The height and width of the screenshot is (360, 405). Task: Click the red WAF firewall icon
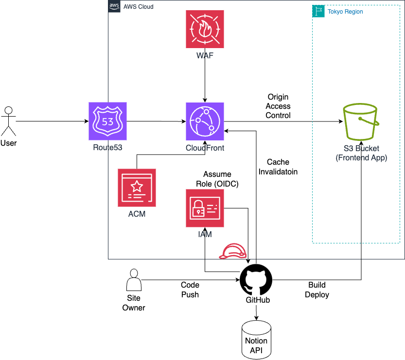205,29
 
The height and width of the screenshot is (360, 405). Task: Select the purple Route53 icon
107,121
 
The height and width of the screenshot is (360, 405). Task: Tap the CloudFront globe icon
205,121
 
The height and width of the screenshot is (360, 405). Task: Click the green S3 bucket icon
361,121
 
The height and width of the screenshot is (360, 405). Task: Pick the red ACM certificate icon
137,188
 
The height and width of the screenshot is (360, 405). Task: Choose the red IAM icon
205,208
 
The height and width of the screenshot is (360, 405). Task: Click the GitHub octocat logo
256,280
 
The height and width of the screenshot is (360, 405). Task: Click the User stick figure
8,121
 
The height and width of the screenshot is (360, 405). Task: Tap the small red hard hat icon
233,252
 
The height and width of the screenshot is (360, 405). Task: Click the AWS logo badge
114,6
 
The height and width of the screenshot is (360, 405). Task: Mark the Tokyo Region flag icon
318,11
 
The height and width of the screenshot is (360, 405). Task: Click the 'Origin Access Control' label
279,106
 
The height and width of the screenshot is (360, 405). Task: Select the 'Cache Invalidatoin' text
278,167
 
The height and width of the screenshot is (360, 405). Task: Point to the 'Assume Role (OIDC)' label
217,178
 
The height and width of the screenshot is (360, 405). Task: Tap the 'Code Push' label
190,290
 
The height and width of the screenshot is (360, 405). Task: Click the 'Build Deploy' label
317,290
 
